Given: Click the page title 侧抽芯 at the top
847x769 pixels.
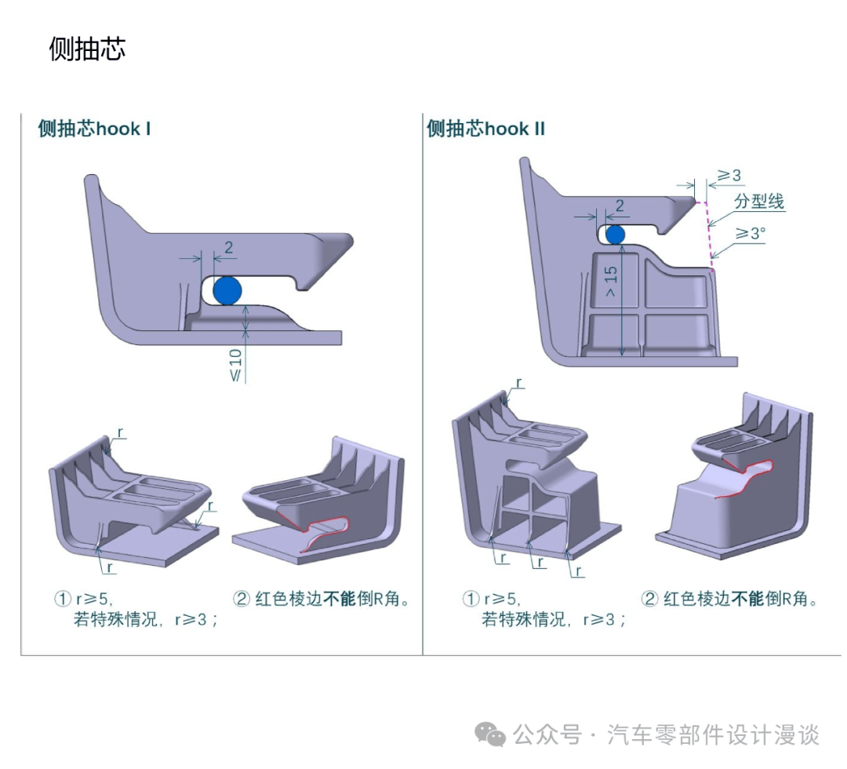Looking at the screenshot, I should tap(87, 49).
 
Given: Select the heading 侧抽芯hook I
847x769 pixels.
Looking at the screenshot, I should tap(94, 129).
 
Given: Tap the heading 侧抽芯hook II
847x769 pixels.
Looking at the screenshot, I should tap(485, 129).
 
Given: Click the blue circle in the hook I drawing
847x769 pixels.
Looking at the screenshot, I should tap(227, 290).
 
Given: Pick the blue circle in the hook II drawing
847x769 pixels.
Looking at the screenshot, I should tap(615, 234).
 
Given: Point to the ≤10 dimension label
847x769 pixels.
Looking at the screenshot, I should tap(235, 363).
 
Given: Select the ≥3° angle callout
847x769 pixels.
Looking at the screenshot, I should tap(749, 232).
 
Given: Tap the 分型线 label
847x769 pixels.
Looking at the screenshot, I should tap(758, 202).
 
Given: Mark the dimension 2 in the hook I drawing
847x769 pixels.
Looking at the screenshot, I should tap(228, 248).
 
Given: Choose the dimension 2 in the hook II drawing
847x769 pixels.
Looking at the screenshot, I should tap(619, 206).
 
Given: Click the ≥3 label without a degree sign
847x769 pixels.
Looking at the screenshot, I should tap(729, 175).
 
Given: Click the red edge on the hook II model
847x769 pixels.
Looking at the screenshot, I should tap(745, 479).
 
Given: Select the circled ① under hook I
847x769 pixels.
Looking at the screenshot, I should tap(63, 600).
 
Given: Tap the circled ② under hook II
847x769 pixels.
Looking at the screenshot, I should tap(649, 600).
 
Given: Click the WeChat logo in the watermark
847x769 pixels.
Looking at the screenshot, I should tap(492, 735).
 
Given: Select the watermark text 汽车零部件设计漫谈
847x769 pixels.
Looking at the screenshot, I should tap(714, 735).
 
